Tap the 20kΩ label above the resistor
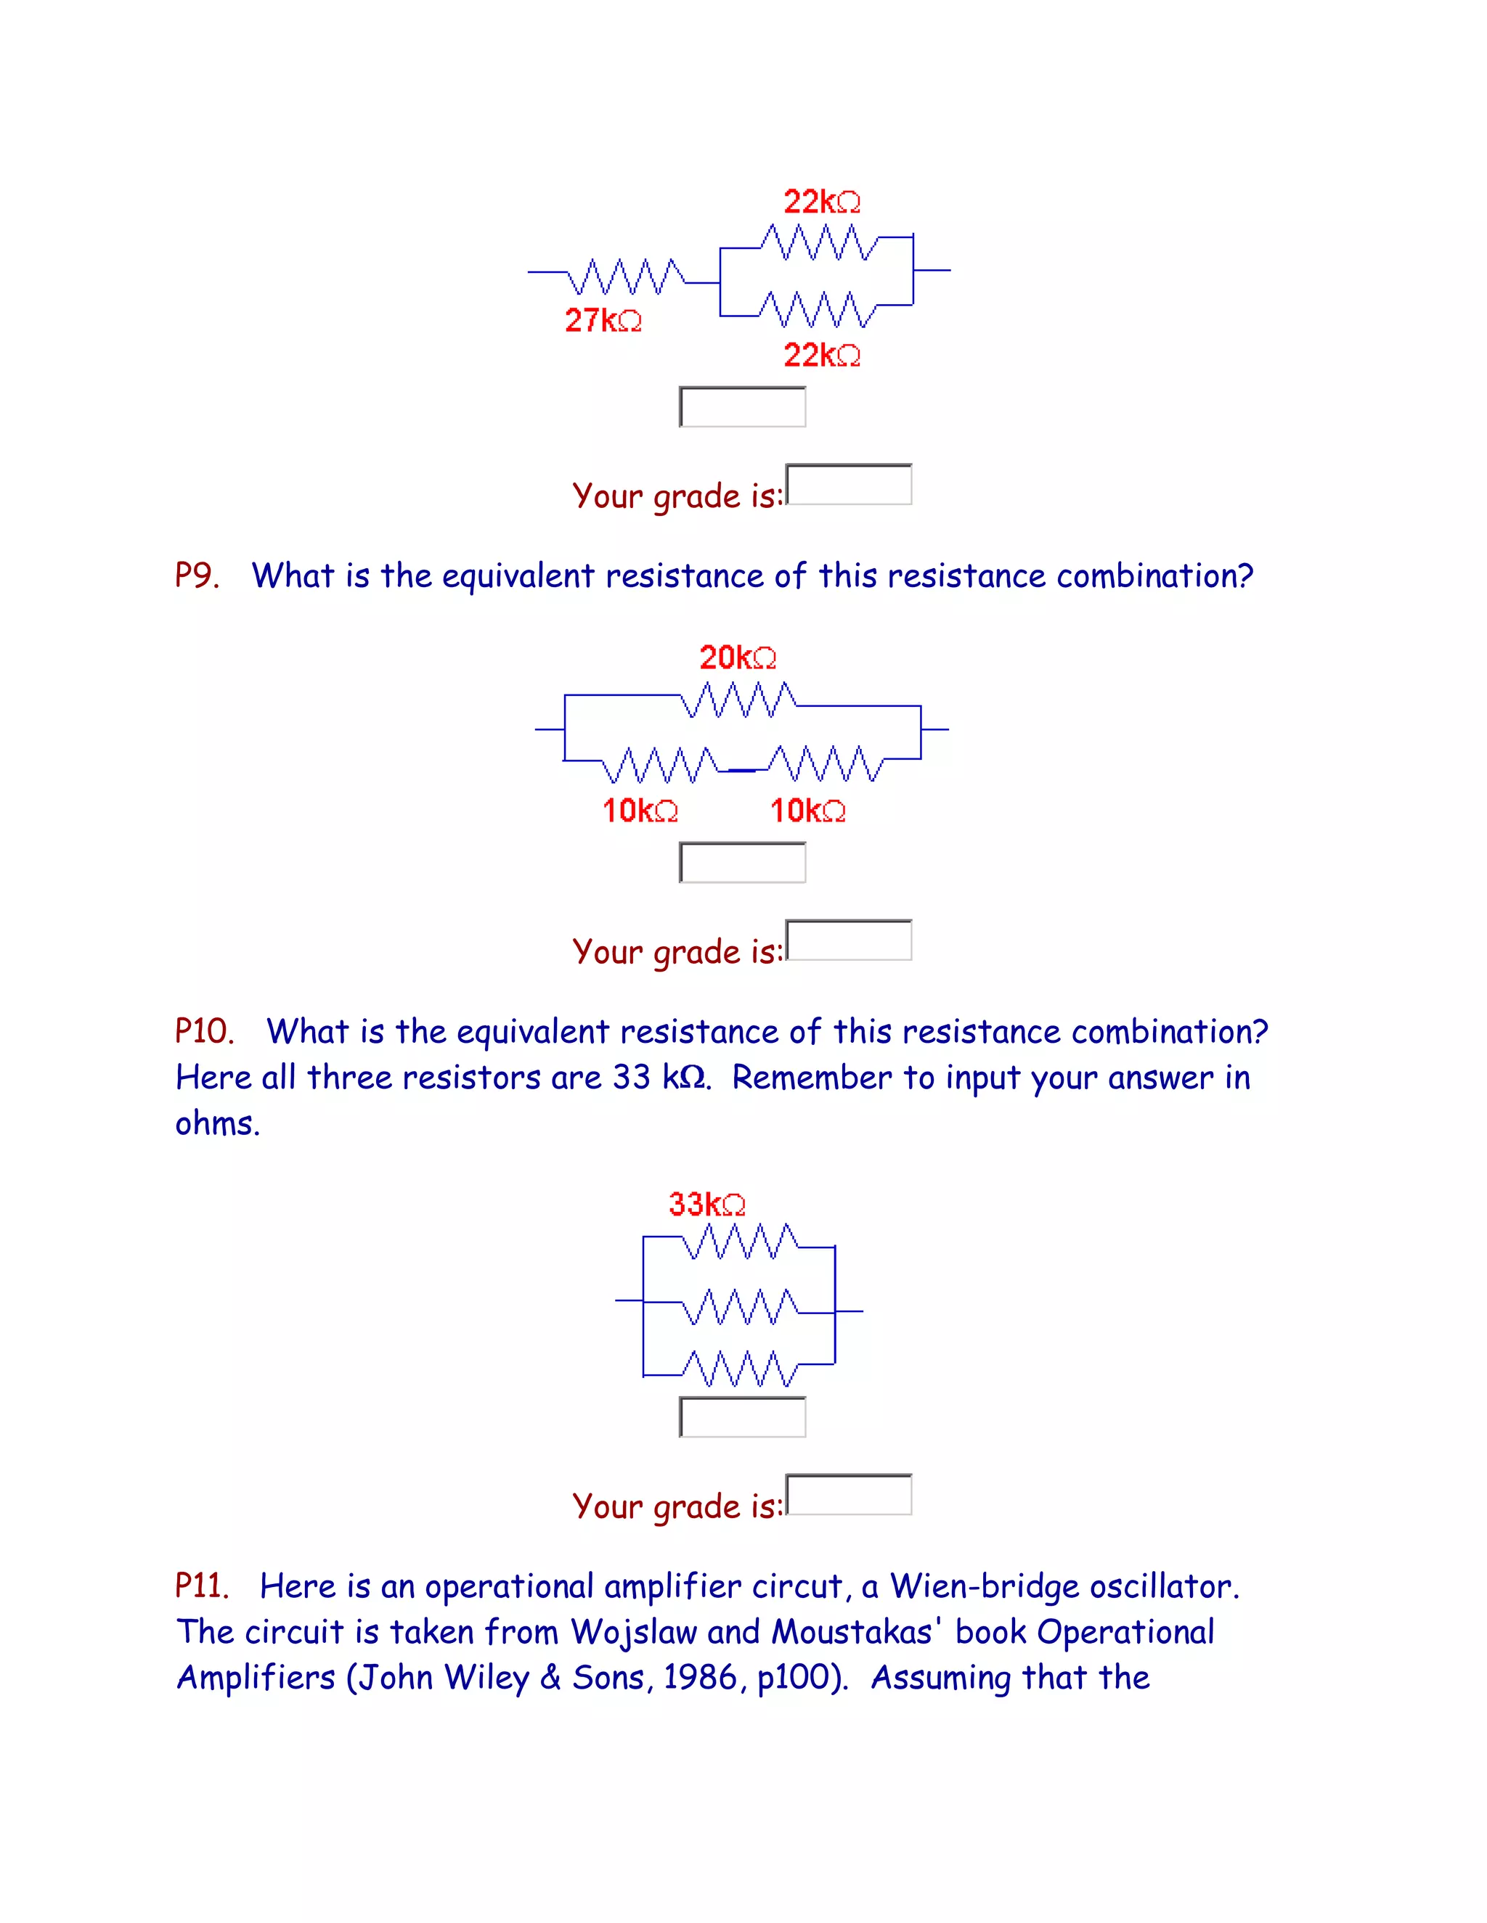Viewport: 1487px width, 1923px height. (738, 657)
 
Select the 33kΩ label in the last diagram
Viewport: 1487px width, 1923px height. (706, 1204)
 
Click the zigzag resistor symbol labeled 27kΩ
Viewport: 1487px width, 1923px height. (627, 276)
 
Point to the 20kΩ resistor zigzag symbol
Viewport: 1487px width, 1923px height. (739, 700)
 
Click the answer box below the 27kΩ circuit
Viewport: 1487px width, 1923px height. (743, 407)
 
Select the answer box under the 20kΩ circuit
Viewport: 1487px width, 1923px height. (743, 863)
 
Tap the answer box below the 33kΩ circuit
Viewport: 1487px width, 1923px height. (743, 1416)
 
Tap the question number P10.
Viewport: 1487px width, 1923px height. (204, 1031)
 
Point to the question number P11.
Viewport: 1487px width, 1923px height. (202, 1586)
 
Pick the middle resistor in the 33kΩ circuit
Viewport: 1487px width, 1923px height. (740, 1307)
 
